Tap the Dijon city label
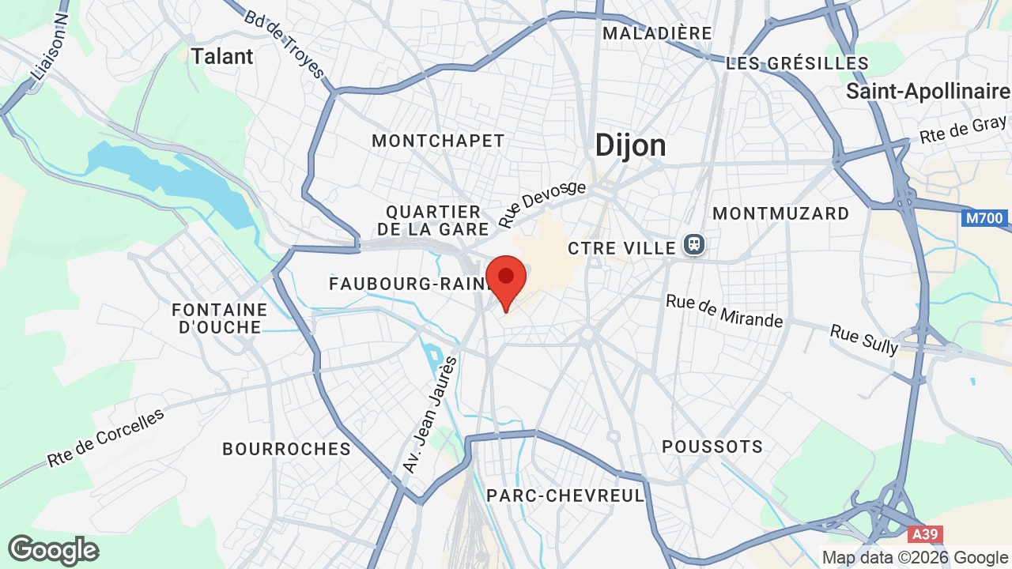(x=630, y=145)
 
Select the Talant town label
(x=222, y=56)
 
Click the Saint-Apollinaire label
(x=927, y=91)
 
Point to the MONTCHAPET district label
(x=438, y=141)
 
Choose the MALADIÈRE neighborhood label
(x=657, y=33)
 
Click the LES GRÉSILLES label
(x=797, y=63)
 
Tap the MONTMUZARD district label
(x=780, y=213)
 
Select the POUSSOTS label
(x=712, y=447)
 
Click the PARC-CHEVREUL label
(x=565, y=496)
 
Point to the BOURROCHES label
(x=286, y=449)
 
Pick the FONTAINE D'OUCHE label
(x=220, y=318)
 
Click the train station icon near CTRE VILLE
(x=694, y=246)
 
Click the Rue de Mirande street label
(x=724, y=311)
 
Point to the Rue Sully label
(x=864, y=339)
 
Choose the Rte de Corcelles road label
(x=106, y=438)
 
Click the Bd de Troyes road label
(x=285, y=44)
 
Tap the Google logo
(x=53, y=550)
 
